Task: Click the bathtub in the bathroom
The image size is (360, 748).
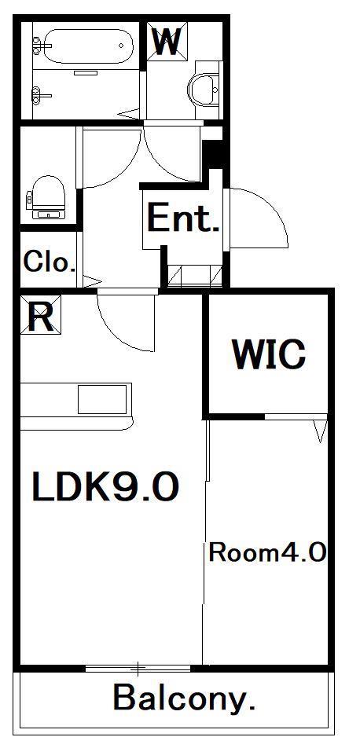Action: point(88,46)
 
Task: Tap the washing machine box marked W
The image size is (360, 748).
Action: point(167,41)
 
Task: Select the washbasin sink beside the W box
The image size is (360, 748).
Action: point(204,90)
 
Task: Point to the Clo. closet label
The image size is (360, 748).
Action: point(50,262)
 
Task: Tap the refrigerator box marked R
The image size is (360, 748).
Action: point(41,314)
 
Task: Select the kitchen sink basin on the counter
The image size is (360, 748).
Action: point(102,399)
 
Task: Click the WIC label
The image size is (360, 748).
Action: point(269,354)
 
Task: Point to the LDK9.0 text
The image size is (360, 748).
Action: point(105,486)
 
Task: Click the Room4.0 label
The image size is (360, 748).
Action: point(267,553)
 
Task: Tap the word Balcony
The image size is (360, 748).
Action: point(184,698)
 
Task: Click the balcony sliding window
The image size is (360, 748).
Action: point(138,669)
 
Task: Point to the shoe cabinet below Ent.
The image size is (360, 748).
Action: point(195,276)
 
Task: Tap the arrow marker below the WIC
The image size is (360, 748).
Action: point(321,431)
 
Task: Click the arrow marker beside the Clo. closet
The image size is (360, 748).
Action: point(92,281)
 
